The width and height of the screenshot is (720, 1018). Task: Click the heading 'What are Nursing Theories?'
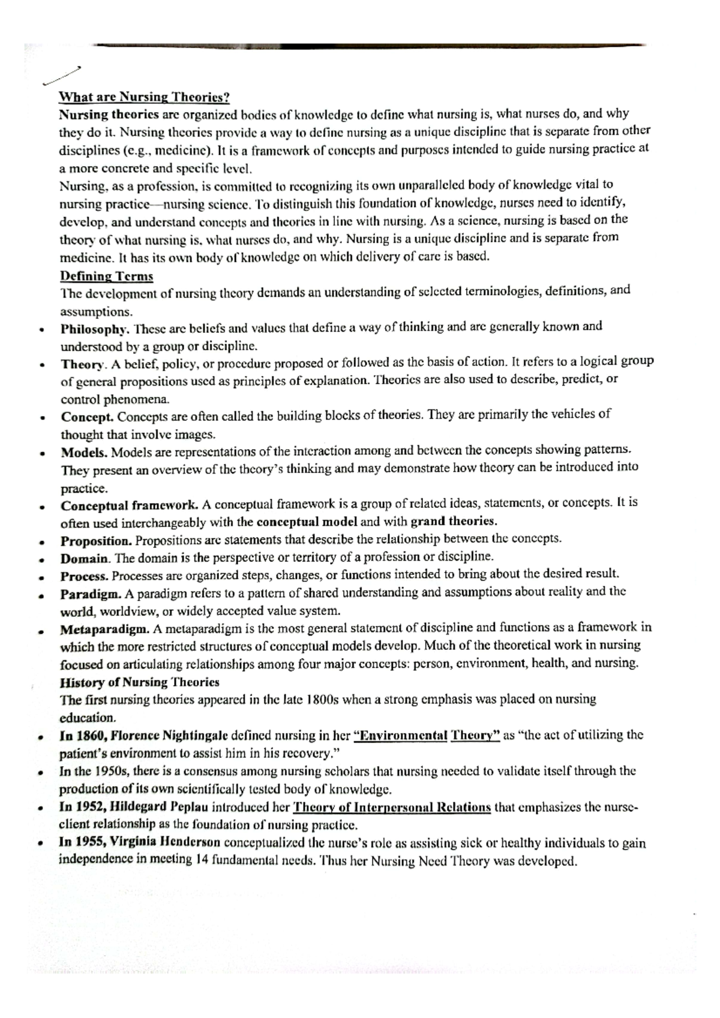point(144,97)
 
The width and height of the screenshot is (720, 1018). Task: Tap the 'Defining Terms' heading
point(106,277)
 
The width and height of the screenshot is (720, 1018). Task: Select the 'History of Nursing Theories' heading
point(139,682)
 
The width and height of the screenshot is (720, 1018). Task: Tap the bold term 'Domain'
point(85,559)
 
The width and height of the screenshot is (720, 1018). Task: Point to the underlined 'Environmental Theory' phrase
point(427,736)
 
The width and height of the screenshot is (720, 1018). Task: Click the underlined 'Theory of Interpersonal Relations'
point(391,808)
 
